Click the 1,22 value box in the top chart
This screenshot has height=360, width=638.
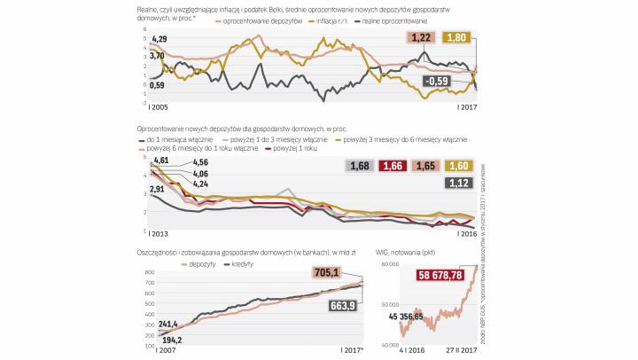[x=422, y=36]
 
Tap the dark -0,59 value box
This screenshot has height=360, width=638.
[x=436, y=82]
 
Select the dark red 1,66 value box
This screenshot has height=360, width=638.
[x=394, y=165]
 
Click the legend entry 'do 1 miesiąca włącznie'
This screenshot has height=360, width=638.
[x=180, y=139]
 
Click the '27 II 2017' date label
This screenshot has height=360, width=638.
[x=460, y=351]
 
